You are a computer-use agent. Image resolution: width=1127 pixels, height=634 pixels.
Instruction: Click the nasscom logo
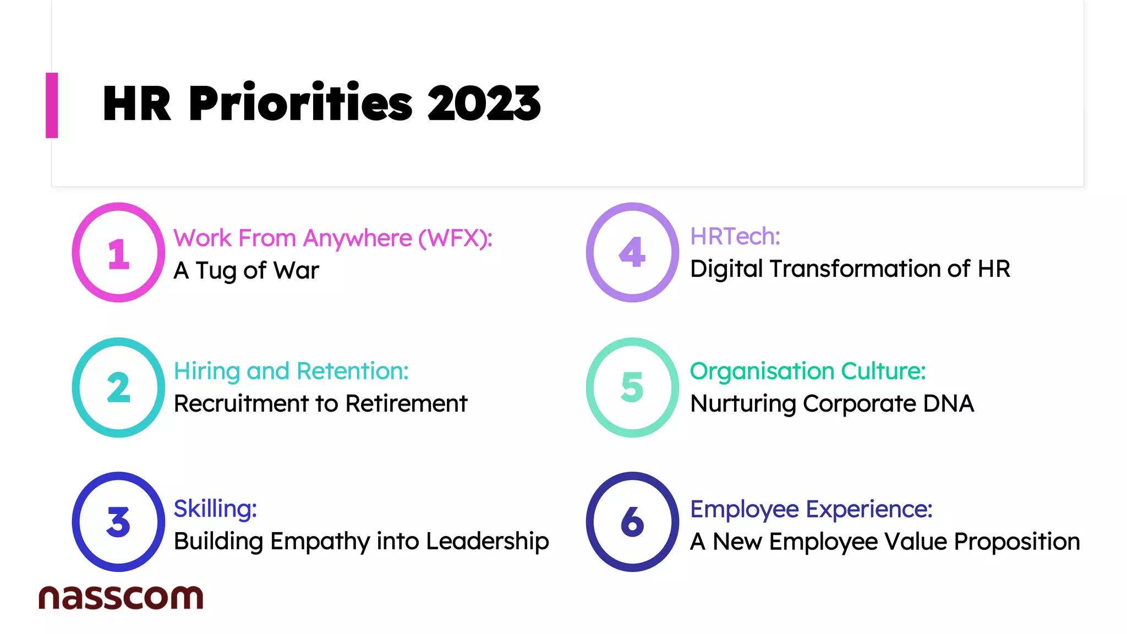pyautogui.click(x=121, y=597)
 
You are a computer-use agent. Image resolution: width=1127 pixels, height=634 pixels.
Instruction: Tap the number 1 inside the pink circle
pyautogui.click(x=118, y=254)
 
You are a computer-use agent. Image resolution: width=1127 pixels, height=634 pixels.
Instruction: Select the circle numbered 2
pyautogui.click(x=118, y=387)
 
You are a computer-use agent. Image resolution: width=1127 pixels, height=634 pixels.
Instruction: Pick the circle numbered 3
pyautogui.click(x=118, y=522)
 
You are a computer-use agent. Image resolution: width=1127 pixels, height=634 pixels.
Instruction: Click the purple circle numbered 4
pyautogui.click(x=632, y=252)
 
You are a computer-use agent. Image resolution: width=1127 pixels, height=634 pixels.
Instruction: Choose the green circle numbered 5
pyautogui.click(x=632, y=387)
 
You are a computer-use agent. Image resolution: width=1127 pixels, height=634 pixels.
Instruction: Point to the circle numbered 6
pyautogui.click(x=632, y=522)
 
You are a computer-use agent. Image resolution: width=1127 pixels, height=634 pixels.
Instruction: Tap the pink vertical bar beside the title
pyautogui.click(x=52, y=105)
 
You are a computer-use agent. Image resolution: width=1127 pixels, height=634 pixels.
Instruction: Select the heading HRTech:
pyautogui.click(x=735, y=237)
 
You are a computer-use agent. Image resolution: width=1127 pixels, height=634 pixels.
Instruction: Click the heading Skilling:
pyautogui.click(x=215, y=509)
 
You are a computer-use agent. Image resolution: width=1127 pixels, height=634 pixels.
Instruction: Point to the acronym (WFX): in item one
pyautogui.click(x=455, y=238)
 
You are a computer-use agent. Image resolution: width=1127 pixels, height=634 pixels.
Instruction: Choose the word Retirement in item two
pyautogui.click(x=406, y=403)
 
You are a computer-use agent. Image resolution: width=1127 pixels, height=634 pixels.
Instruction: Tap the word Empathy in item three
pyautogui.click(x=320, y=542)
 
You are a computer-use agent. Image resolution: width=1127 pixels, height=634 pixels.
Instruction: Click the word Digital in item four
pyautogui.click(x=726, y=269)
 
